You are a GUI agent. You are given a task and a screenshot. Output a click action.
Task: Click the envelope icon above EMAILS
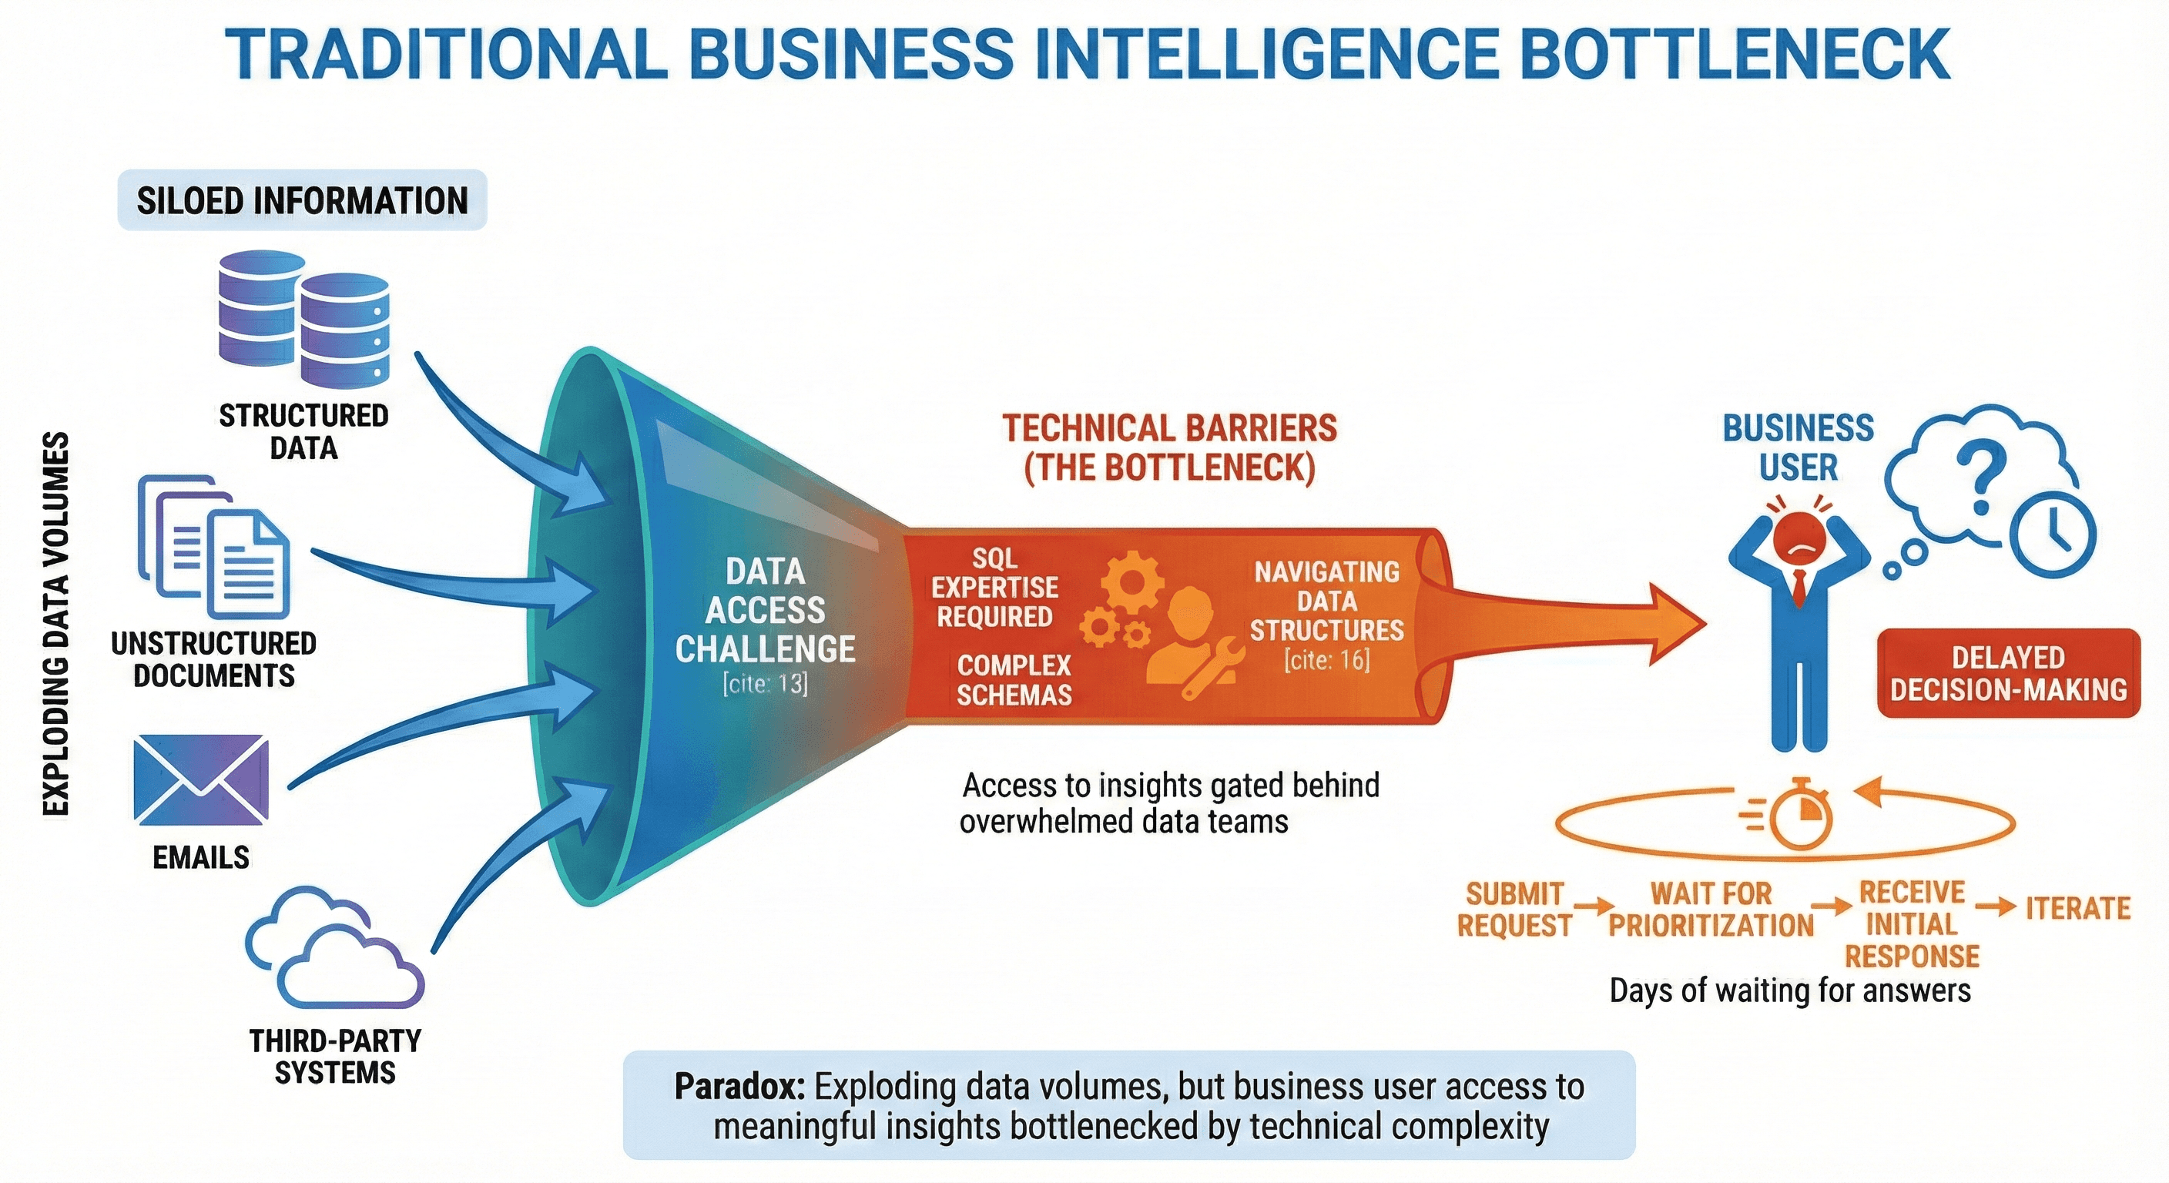point(201,779)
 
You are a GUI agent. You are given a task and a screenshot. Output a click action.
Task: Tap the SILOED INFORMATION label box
point(302,200)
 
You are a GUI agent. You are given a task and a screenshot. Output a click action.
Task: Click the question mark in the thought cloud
point(1979,481)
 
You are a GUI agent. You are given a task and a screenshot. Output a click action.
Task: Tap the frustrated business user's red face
point(1799,542)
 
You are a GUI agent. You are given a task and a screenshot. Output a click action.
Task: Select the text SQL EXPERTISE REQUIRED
point(994,587)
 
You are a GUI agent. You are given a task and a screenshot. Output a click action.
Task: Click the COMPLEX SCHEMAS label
point(1014,679)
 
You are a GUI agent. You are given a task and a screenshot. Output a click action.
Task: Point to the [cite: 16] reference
point(1327,659)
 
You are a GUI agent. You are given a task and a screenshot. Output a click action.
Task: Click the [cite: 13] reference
point(765,683)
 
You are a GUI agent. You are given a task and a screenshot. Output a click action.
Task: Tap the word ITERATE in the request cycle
point(2078,909)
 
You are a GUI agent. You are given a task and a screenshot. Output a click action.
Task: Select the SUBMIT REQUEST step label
point(1514,909)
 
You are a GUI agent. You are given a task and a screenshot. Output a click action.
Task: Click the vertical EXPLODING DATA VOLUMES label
point(55,624)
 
